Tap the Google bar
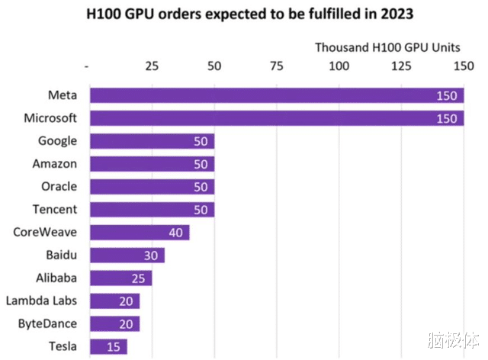click(x=152, y=141)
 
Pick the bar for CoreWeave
click(x=139, y=233)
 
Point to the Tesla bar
click(x=108, y=347)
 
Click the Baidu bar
click(x=127, y=256)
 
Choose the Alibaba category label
click(x=56, y=278)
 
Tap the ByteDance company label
click(x=47, y=323)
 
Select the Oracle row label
click(x=59, y=186)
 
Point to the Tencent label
click(x=55, y=209)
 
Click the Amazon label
click(x=55, y=163)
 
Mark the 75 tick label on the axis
click(x=278, y=66)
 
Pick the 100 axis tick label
click(x=339, y=66)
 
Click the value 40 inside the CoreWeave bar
click(x=175, y=233)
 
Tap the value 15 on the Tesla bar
click(x=113, y=347)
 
